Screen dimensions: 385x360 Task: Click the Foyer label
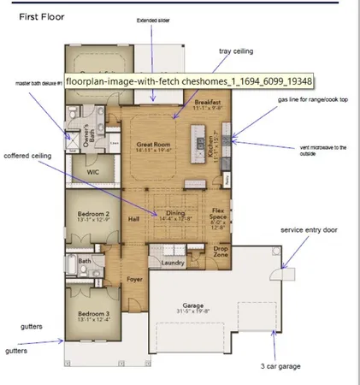pyautogui.click(x=134, y=278)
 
